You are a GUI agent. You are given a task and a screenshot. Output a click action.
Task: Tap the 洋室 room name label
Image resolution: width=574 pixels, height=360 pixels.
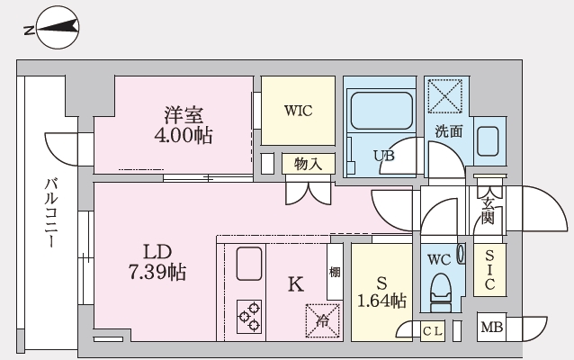tap(184, 115)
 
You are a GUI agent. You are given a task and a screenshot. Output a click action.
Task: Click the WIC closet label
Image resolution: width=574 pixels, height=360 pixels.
tap(297, 112)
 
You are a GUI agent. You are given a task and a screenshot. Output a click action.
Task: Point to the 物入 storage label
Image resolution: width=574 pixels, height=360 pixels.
tap(308, 164)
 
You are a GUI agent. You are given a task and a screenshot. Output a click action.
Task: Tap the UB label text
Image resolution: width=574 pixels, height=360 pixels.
tap(384, 155)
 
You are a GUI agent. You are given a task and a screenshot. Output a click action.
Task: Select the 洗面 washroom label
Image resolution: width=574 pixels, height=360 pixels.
tap(448, 131)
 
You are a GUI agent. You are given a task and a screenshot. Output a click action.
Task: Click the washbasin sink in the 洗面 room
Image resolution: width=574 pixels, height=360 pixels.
tap(488, 141)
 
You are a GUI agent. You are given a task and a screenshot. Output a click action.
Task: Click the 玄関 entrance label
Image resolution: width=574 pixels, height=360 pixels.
tap(487, 210)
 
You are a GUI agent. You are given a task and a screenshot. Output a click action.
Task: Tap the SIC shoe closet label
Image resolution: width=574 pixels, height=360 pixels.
tap(490, 269)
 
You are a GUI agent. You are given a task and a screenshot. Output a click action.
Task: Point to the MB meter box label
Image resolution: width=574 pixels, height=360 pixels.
tap(490, 327)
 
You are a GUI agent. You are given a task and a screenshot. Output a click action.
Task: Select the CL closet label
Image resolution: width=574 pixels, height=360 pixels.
tap(432, 331)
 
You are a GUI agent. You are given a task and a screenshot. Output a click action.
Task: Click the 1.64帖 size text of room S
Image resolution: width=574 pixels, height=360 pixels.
tap(381, 300)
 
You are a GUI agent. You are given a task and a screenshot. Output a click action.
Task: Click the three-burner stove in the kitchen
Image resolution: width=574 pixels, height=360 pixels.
tap(249, 316)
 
